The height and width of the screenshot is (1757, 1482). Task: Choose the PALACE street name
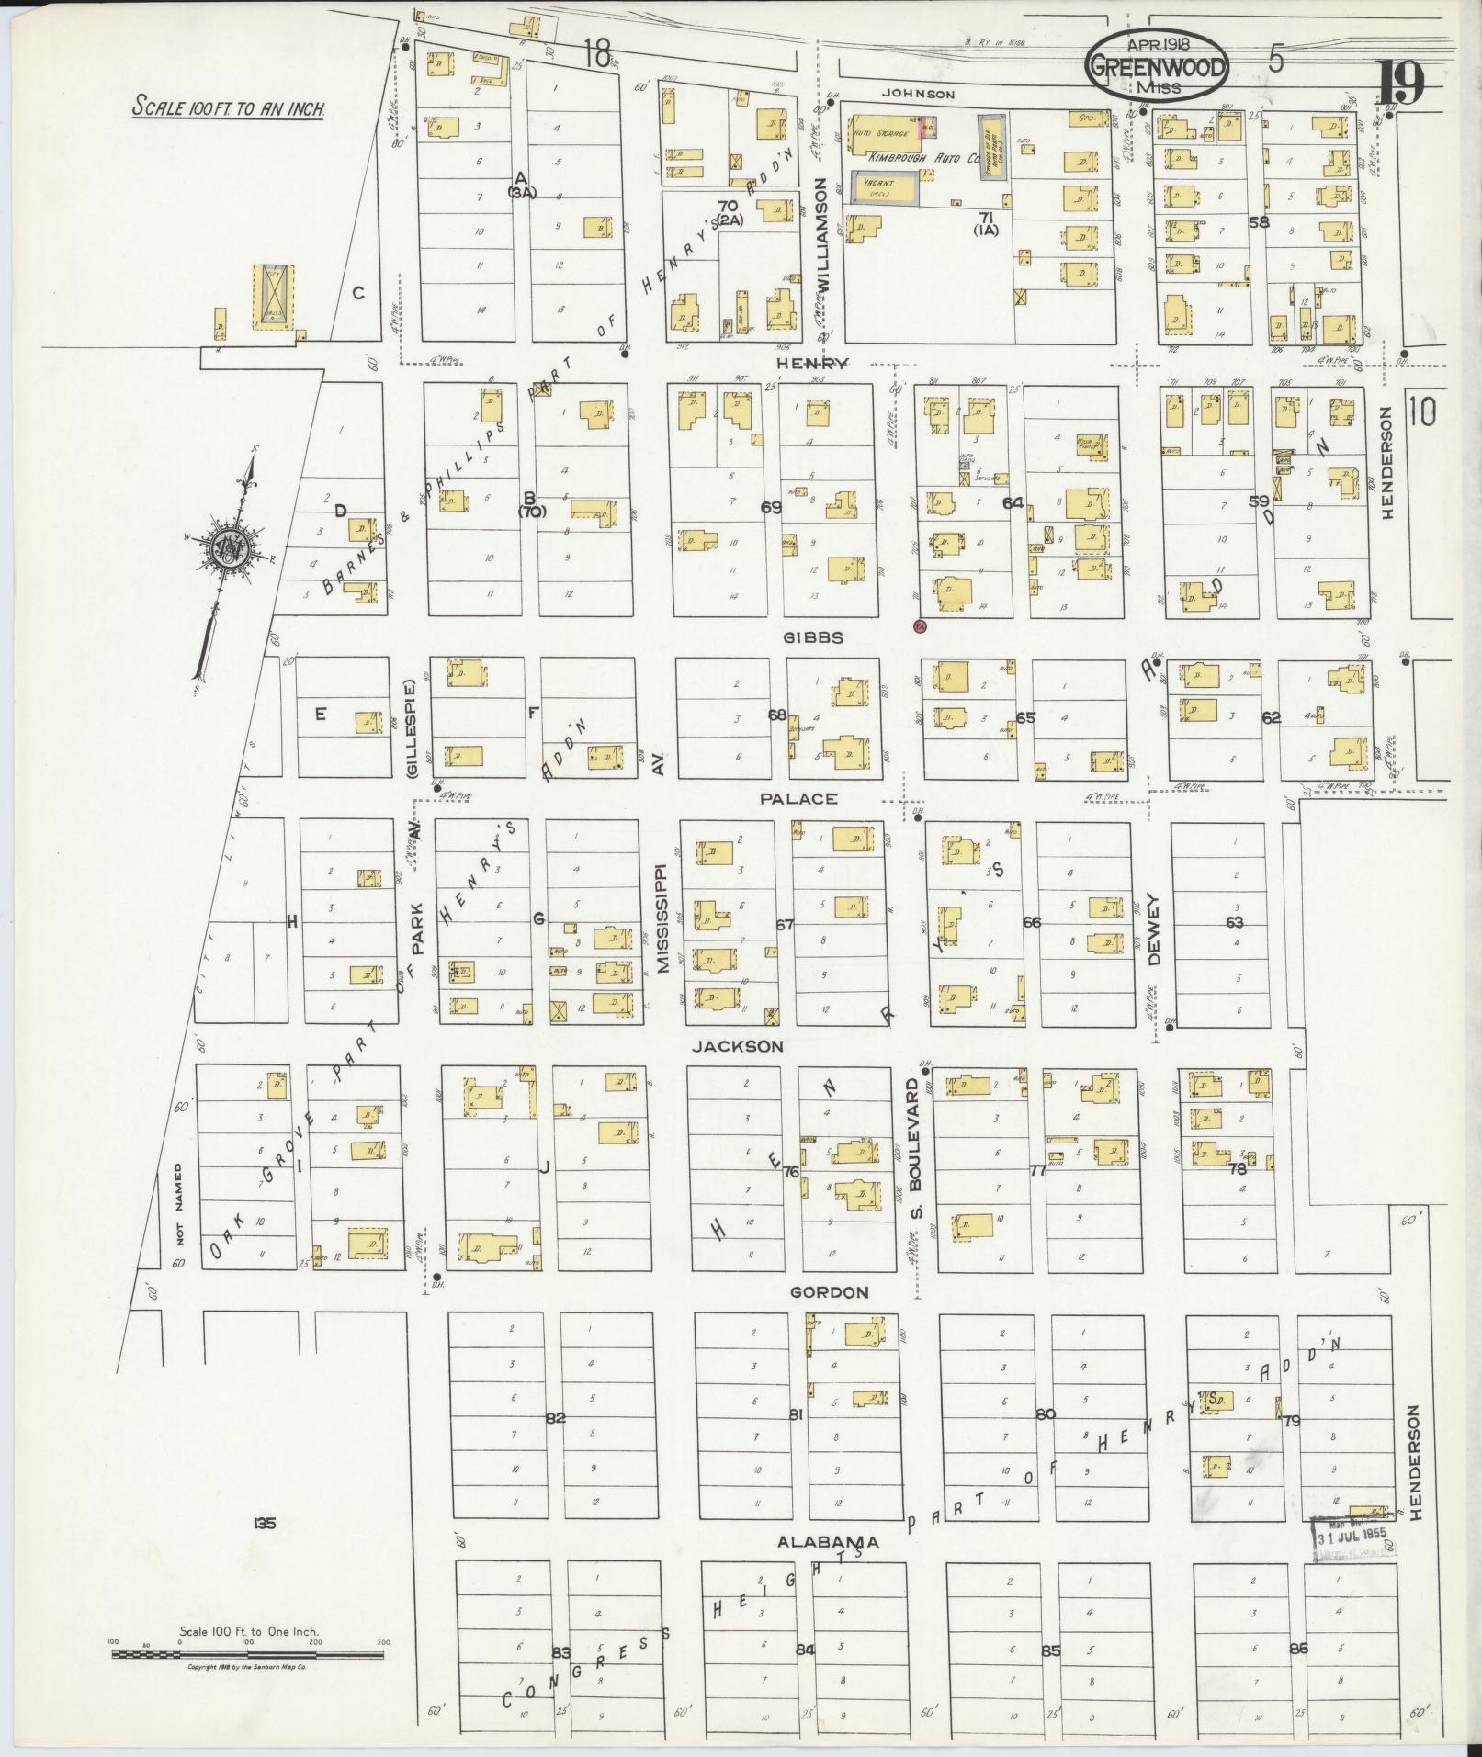click(x=798, y=798)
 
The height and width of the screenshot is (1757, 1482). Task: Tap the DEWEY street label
click(x=1154, y=930)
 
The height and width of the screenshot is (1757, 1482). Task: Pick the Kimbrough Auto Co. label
click(x=933, y=157)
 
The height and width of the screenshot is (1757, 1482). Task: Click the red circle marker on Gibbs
click(x=919, y=626)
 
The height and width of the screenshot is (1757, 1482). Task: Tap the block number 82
click(x=554, y=1417)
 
